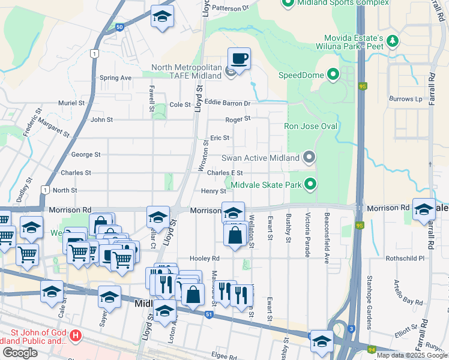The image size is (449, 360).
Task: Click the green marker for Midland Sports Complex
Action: pyautogui.click(x=287, y=3)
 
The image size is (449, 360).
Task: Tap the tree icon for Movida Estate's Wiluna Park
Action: pyautogui.click(x=393, y=41)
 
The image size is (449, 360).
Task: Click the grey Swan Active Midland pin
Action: pyautogui.click(x=309, y=157)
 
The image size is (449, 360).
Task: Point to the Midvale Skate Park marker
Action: pyautogui.click(x=310, y=184)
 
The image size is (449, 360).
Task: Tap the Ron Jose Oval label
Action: pyautogui.click(x=310, y=127)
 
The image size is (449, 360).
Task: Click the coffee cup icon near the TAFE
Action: pyautogui.click(x=239, y=59)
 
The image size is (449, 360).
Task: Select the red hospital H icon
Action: pyautogui.click(x=76, y=334)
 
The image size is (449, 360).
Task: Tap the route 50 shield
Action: pyautogui.click(x=119, y=27)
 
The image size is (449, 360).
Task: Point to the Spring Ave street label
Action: pyautogui.click(x=115, y=78)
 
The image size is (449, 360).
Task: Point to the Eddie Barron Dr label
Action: pyautogui.click(x=227, y=103)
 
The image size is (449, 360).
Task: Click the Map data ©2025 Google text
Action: pyautogui.click(x=412, y=355)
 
